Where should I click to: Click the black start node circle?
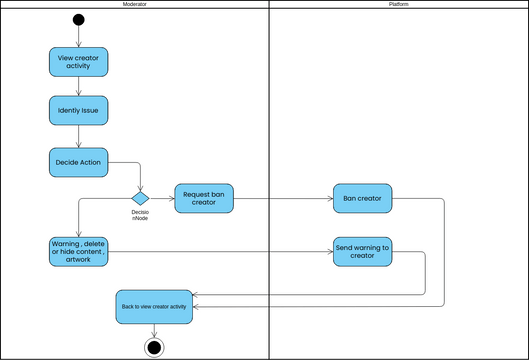[79, 20]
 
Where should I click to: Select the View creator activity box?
[79, 62]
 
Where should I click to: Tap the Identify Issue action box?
[79, 109]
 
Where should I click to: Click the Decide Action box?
[79, 161]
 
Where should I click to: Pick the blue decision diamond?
[141, 198]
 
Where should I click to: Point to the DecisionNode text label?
[141, 215]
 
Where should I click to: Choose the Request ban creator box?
[204, 198]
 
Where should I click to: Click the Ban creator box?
[362, 198]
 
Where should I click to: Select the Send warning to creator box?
[362, 250]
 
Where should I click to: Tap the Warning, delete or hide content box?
[79, 250]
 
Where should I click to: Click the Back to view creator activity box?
[153, 307]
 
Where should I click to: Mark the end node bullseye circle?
[153, 346]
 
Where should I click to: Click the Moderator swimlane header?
[135, 5]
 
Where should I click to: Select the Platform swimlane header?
[398, 5]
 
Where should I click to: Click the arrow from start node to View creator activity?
[79, 37]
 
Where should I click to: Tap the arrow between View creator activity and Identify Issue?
[79, 86]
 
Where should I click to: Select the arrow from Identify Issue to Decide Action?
[79, 136]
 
